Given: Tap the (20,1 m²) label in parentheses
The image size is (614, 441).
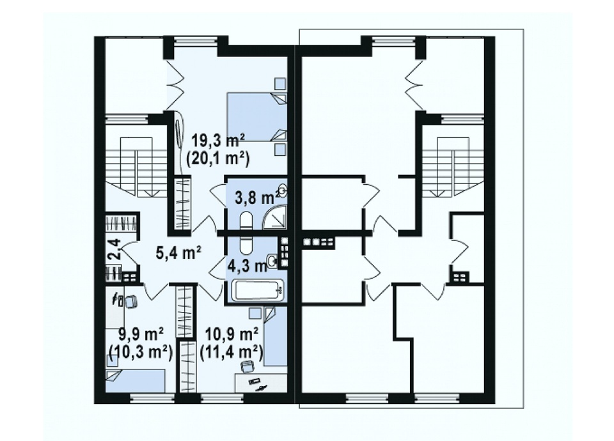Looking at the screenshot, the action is click(218, 159).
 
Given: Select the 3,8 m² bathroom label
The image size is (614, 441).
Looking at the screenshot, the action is click(255, 198).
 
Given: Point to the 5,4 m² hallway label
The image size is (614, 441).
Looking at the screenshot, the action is click(178, 253).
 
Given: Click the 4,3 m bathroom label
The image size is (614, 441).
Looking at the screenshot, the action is click(248, 267).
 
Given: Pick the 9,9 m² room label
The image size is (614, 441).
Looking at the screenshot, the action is click(141, 335).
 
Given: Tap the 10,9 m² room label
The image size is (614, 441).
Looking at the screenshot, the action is click(232, 335).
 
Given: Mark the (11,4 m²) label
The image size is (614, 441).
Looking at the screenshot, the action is click(231, 353).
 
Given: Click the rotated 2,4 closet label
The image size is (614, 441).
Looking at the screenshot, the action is click(114, 250).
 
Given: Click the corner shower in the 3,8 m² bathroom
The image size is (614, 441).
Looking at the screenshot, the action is click(274, 217).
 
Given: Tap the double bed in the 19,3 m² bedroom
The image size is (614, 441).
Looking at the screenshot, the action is click(257, 116).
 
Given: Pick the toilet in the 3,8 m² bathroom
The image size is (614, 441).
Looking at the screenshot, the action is click(246, 220).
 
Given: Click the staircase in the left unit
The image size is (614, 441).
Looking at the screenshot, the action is click(136, 167).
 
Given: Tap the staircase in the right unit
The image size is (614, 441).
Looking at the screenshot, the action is click(453, 167).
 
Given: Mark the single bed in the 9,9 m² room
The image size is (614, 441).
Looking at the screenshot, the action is click(135, 380).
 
